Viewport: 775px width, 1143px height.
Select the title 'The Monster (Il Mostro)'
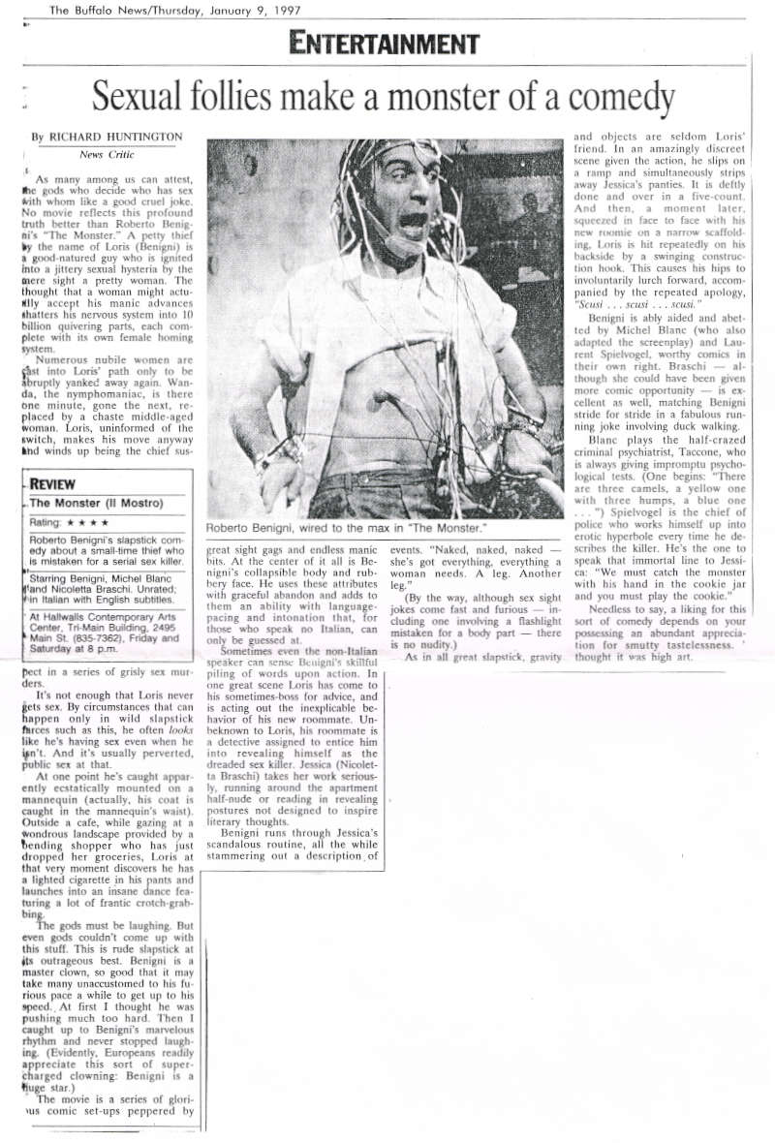coord(96,503)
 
